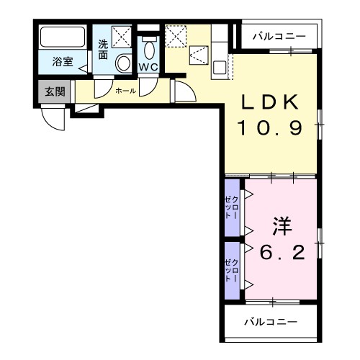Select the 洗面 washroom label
pyautogui.click(x=103, y=48)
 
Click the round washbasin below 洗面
pyautogui.click(x=123, y=63)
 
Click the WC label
pyautogui.click(x=148, y=67)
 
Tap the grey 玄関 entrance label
pyautogui.click(x=53, y=91)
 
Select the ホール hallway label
pyautogui.click(x=125, y=91)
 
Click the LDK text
pyautogui.click(x=269, y=103)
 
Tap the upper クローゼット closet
pyautogui.click(x=232, y=207)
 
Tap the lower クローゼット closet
pyautogui.click(x=232, y=269)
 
